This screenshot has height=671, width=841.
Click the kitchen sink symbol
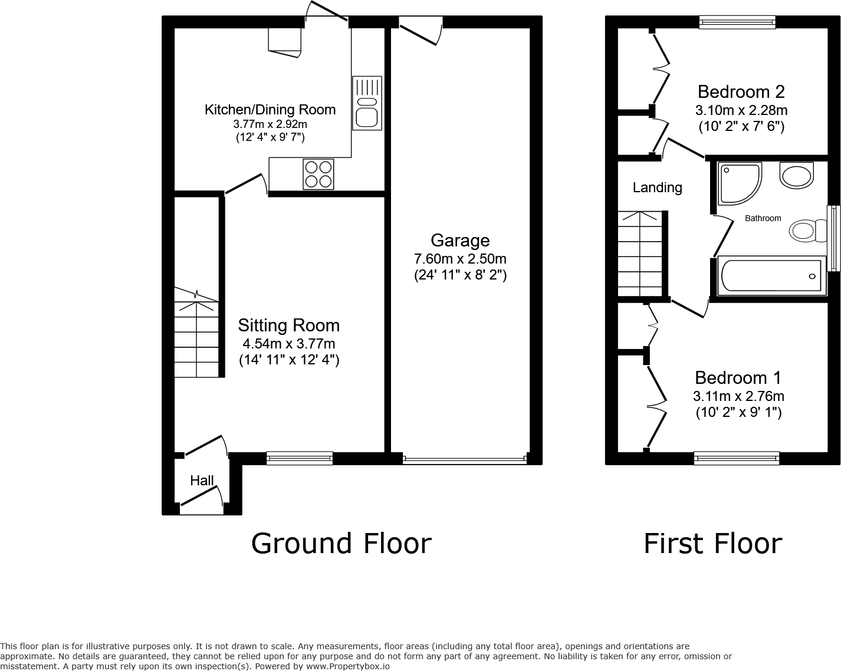point(367,103)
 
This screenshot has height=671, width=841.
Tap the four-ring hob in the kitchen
point(318,174)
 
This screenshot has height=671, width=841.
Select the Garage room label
point(460,241)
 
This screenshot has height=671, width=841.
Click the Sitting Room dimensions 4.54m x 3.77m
point(289,344)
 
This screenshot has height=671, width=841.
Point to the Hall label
point(202,481)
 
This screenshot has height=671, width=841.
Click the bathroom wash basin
point(796,175)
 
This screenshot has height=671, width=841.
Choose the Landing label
point(657,188)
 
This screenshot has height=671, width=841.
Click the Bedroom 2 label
point(741,92)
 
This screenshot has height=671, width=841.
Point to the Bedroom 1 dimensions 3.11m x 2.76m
point(738,396)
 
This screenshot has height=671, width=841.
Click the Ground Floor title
point(341,543)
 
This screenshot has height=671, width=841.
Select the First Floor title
point(712,543)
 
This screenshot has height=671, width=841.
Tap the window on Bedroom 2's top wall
point(737,22)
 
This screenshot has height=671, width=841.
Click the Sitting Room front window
point(300,458)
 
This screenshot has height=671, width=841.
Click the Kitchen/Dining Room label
point(270,110)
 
